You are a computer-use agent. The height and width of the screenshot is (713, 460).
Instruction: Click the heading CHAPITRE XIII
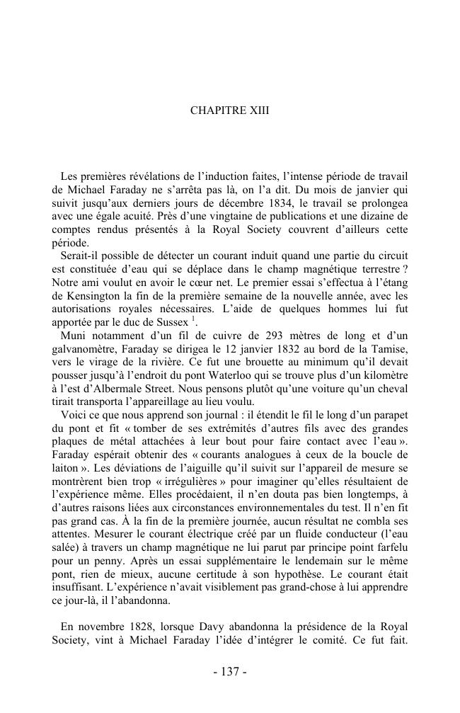tap(230, 111)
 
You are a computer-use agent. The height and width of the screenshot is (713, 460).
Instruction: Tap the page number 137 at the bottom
tap(230, 672)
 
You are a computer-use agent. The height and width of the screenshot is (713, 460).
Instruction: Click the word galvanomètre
tap(86, 348)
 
